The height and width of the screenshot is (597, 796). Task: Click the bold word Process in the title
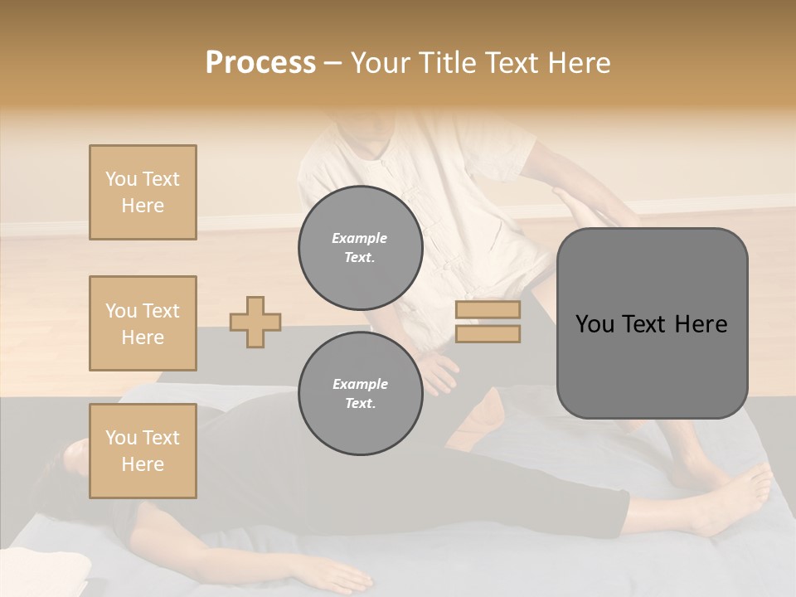(260, 62)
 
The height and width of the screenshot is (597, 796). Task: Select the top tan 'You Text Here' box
(143, 192)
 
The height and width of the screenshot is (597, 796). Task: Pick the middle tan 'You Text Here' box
(143, 323)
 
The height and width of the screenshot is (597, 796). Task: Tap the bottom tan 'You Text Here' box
(143, 451)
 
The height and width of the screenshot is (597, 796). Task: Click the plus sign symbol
(255, 322)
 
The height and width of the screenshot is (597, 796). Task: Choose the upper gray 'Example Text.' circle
(360, 247)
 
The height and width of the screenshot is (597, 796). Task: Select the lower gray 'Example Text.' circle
(360, 393)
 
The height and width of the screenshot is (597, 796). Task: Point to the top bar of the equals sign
(488, 310)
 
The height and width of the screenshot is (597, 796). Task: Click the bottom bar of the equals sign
(488, 333)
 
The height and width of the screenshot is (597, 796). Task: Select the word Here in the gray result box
(701, 324)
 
